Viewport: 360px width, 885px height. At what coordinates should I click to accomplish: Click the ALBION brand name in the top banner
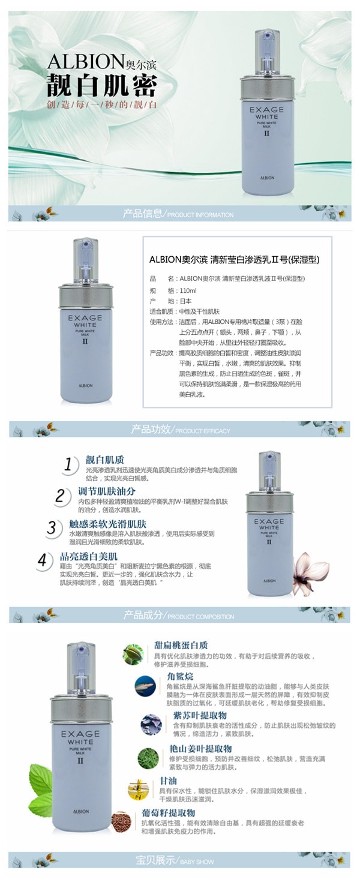[77, 62]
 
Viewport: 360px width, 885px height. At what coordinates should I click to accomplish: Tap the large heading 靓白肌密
[101, 86]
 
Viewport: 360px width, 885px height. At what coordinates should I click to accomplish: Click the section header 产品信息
[142, 214]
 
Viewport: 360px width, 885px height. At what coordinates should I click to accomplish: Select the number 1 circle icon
[71, 464]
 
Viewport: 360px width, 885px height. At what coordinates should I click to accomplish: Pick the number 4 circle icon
[43, 560]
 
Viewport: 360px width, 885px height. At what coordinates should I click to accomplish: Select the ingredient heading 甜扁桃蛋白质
[181, 646]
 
